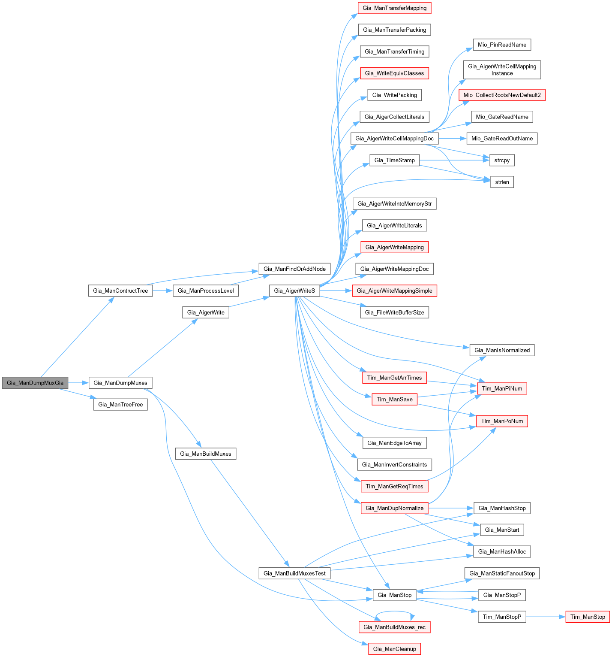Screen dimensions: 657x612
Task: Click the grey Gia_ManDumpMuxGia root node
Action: (35, 383)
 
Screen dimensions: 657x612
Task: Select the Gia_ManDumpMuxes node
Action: (120, 383)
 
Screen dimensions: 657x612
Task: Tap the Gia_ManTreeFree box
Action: (120, 405)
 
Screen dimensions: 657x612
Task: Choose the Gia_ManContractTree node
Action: (120, 291)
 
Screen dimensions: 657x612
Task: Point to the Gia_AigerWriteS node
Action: (294, 291)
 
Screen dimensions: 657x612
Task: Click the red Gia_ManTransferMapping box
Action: (394, 8)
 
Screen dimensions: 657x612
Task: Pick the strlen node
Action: (502, 182)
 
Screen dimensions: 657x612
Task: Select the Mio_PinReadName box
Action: (502, 45)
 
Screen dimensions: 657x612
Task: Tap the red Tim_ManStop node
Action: (588, 617)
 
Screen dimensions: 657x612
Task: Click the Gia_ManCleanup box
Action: (394, 649)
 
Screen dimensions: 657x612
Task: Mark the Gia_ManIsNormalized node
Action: (502, 350)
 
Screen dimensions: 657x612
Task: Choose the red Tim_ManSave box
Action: (394, 400)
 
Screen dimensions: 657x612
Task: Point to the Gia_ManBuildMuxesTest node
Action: (294, 573)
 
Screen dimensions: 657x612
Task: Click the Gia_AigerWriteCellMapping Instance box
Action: (502, 70)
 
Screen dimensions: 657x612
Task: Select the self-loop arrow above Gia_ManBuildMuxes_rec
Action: (395, 611)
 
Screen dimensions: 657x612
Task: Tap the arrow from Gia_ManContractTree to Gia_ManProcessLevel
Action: (162, 291)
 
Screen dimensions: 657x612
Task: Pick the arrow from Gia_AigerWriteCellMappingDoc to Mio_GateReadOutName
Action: (452, 139)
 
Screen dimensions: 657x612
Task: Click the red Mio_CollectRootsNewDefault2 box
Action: (502, 95)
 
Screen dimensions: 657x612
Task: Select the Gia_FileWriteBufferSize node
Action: (394, 312)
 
